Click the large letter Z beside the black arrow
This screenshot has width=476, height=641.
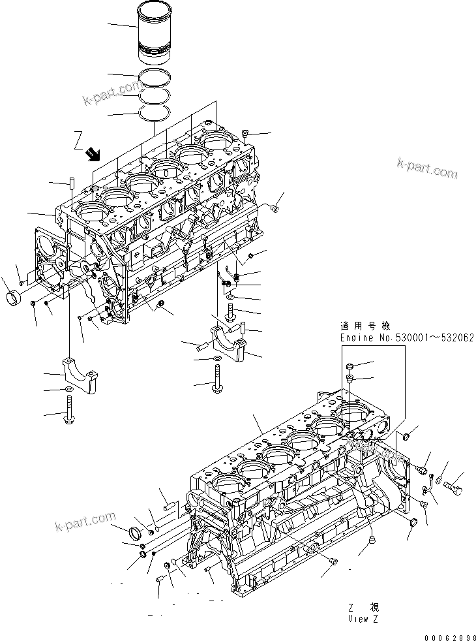point(78,139)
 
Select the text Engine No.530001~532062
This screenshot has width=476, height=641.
point(407,337)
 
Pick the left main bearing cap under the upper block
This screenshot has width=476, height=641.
point(80,374)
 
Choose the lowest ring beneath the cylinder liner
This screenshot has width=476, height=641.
point(156,114)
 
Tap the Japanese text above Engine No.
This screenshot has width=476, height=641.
point(362,325)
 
